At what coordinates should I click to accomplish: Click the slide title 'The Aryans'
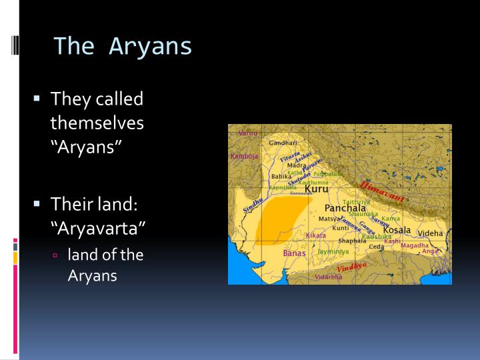(123, 46)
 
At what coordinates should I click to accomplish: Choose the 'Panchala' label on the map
(345, 207)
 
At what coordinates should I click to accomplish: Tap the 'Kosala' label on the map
(397, 230)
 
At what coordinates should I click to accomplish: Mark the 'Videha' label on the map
(430, 233)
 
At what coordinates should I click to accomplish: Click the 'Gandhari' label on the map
(283, 143)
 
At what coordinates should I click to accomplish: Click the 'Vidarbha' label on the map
(328, 277)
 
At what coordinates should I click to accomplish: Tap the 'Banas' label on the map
(294, 253)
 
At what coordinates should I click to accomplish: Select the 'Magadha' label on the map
(415, 245)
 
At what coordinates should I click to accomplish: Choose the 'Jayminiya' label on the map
(333, 252)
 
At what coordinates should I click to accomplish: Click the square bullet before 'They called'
(38, 99)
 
